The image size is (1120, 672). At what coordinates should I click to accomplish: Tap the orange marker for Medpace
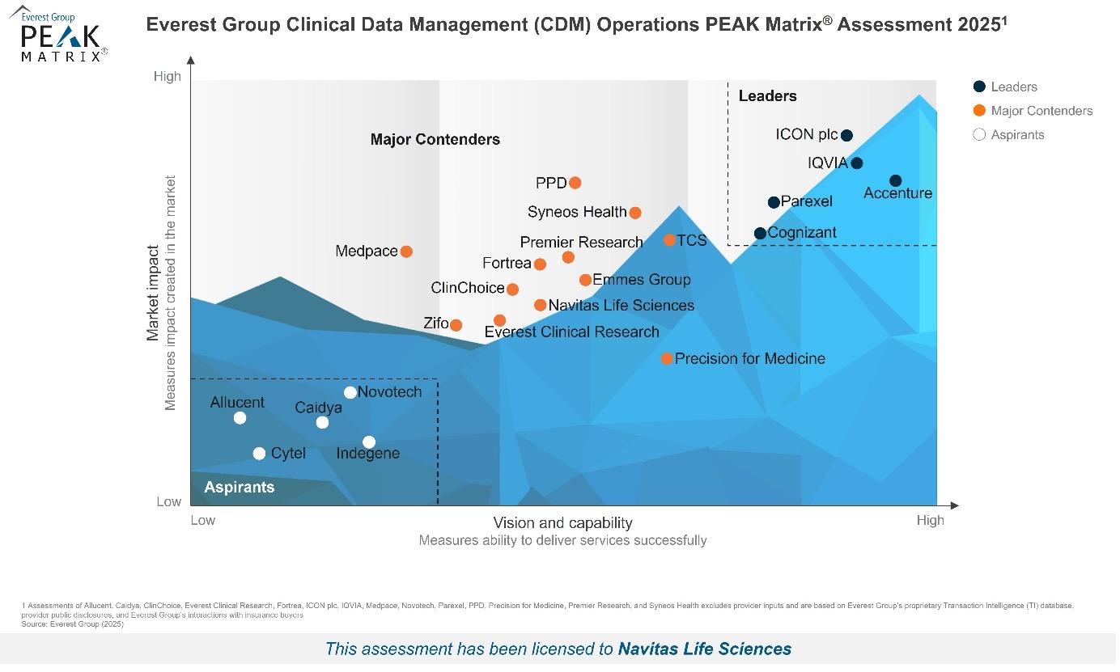pos(408,251)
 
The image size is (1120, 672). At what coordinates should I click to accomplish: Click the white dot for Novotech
pos(351,393)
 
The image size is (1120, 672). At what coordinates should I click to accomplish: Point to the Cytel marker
pos(260,454)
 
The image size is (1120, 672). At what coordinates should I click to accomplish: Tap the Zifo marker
pos(457,325)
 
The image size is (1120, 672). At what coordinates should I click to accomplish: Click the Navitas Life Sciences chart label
pos(622,306)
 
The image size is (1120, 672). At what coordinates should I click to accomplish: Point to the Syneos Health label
pos(578,213)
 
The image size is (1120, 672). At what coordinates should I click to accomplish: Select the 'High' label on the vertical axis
pos(168,77)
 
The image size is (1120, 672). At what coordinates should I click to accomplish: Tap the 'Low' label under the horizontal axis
pos(203,521)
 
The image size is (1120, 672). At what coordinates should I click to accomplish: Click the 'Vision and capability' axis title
pos(564,523)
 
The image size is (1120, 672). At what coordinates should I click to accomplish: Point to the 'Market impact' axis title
pos(153,293)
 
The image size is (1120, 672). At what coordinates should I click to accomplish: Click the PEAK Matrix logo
pos(61,36)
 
